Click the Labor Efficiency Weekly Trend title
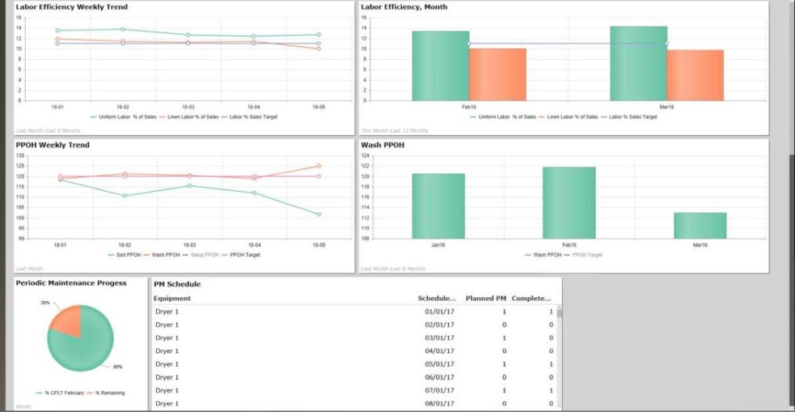71,7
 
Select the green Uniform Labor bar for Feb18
440,66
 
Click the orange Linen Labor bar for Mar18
695,75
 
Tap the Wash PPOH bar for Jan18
438,206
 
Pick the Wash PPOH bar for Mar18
700,225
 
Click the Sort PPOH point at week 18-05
318,214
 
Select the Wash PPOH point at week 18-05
318,166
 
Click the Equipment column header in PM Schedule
172,298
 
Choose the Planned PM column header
486,298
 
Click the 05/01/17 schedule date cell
439,364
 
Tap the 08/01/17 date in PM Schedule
439,403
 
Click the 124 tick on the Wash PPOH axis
366,156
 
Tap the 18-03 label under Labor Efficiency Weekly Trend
189,106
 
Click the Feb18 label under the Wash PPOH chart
569,245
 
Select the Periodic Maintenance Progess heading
71,283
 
